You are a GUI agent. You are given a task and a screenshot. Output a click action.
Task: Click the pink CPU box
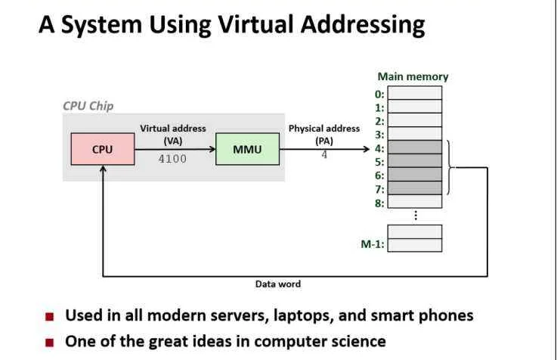103,149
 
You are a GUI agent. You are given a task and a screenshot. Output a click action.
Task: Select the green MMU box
248,149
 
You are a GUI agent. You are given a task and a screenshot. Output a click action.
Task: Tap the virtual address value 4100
172,159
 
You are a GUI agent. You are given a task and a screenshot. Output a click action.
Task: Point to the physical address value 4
324,155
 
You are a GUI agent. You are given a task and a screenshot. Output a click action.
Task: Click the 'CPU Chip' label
88,106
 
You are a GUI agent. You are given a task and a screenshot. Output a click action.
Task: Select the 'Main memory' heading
413,76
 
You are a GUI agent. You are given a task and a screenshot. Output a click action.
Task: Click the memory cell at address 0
415,93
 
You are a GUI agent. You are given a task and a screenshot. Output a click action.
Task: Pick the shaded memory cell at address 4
415,147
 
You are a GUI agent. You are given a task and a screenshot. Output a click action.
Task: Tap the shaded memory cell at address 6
415,174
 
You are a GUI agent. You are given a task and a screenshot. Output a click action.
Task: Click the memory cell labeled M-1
415,245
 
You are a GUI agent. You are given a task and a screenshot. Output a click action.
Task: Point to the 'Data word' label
278,284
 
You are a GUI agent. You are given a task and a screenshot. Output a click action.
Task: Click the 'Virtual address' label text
173,129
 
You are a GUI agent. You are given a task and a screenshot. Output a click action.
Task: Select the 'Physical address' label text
324,129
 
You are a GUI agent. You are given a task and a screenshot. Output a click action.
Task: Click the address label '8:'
379,203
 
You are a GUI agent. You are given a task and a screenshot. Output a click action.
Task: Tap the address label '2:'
379,121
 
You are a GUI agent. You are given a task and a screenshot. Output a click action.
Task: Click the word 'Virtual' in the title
256,24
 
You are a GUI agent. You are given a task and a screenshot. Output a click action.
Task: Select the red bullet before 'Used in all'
50,316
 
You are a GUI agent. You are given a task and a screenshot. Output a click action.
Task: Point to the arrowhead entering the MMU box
212,149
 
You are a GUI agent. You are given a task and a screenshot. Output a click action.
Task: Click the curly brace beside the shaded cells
450,167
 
